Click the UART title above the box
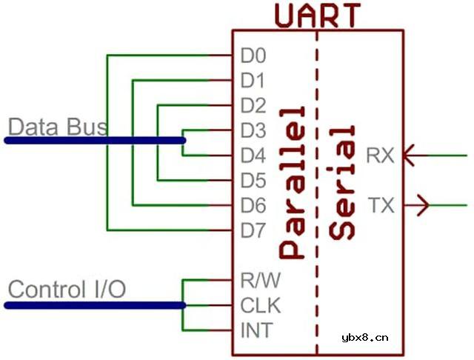(x=318, y=16)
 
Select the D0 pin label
(x=253, y=56)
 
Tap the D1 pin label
(x=253, y=81)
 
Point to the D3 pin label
(x=253, y=130)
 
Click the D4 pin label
(x=253, y=156)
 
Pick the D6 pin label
(x=253, y=205)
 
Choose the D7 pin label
(x=253, y=230)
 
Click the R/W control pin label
(x=260, y=280)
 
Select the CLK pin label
(x=260, y=305)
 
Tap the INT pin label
(x=257, y=330)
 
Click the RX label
(x=380, y=156)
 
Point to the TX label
(x=381, y=205)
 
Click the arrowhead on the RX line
(x=409, y=156)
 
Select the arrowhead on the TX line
(x=424, y=205)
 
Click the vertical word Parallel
(x=292, y=182)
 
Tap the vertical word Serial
(x=341, y=182)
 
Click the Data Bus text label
(x=58, y=127)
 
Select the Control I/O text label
(x=67, y=290)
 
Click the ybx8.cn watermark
(x=365, y=338)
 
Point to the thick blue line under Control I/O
(x=95, y=305)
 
